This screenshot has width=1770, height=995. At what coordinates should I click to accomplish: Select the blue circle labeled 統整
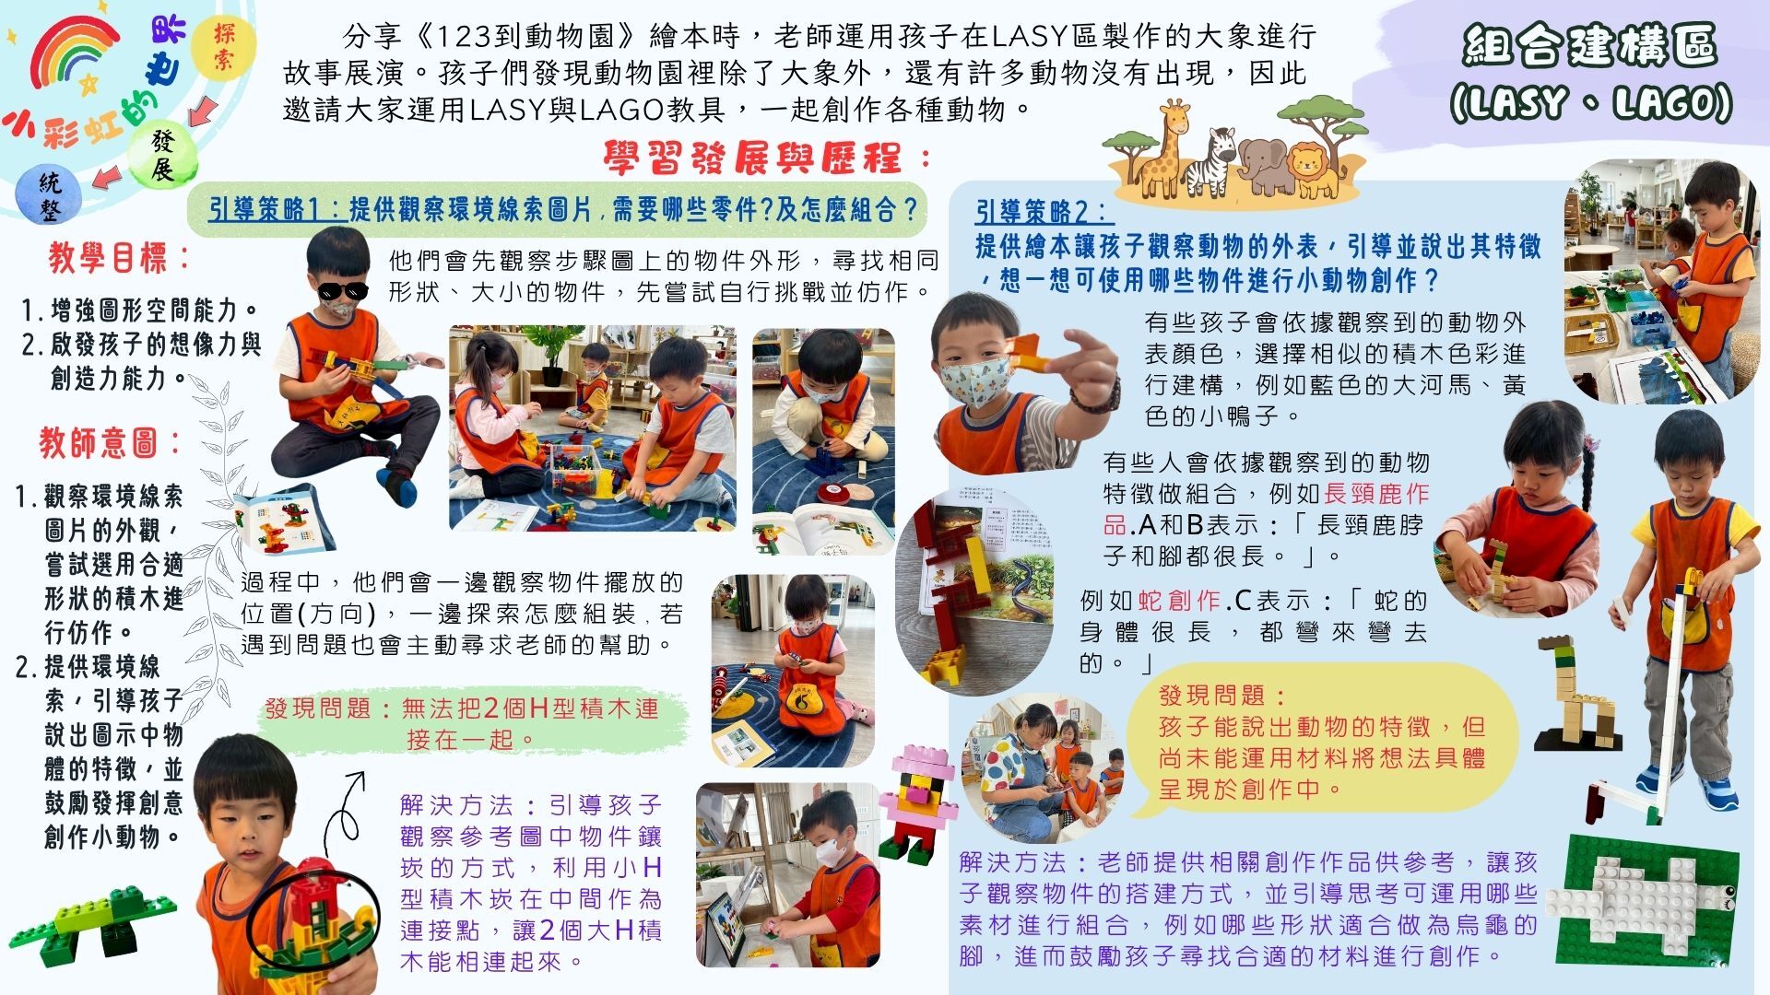pyautogui.click(x=50, y=196)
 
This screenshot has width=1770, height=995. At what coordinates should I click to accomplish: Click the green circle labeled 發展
pyautogui.click(x=162, y=155)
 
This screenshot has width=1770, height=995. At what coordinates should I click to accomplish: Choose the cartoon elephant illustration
pyautogui.click(x=1265, y=166)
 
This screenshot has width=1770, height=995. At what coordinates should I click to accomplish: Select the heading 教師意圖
pyautogui.click(x=111, y=443)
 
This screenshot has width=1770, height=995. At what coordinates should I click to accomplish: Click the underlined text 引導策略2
pyautogui.click(x=1044, y=213)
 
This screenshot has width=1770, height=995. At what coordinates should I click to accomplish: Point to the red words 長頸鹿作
pyautogui.click(x=1376, y=494)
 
